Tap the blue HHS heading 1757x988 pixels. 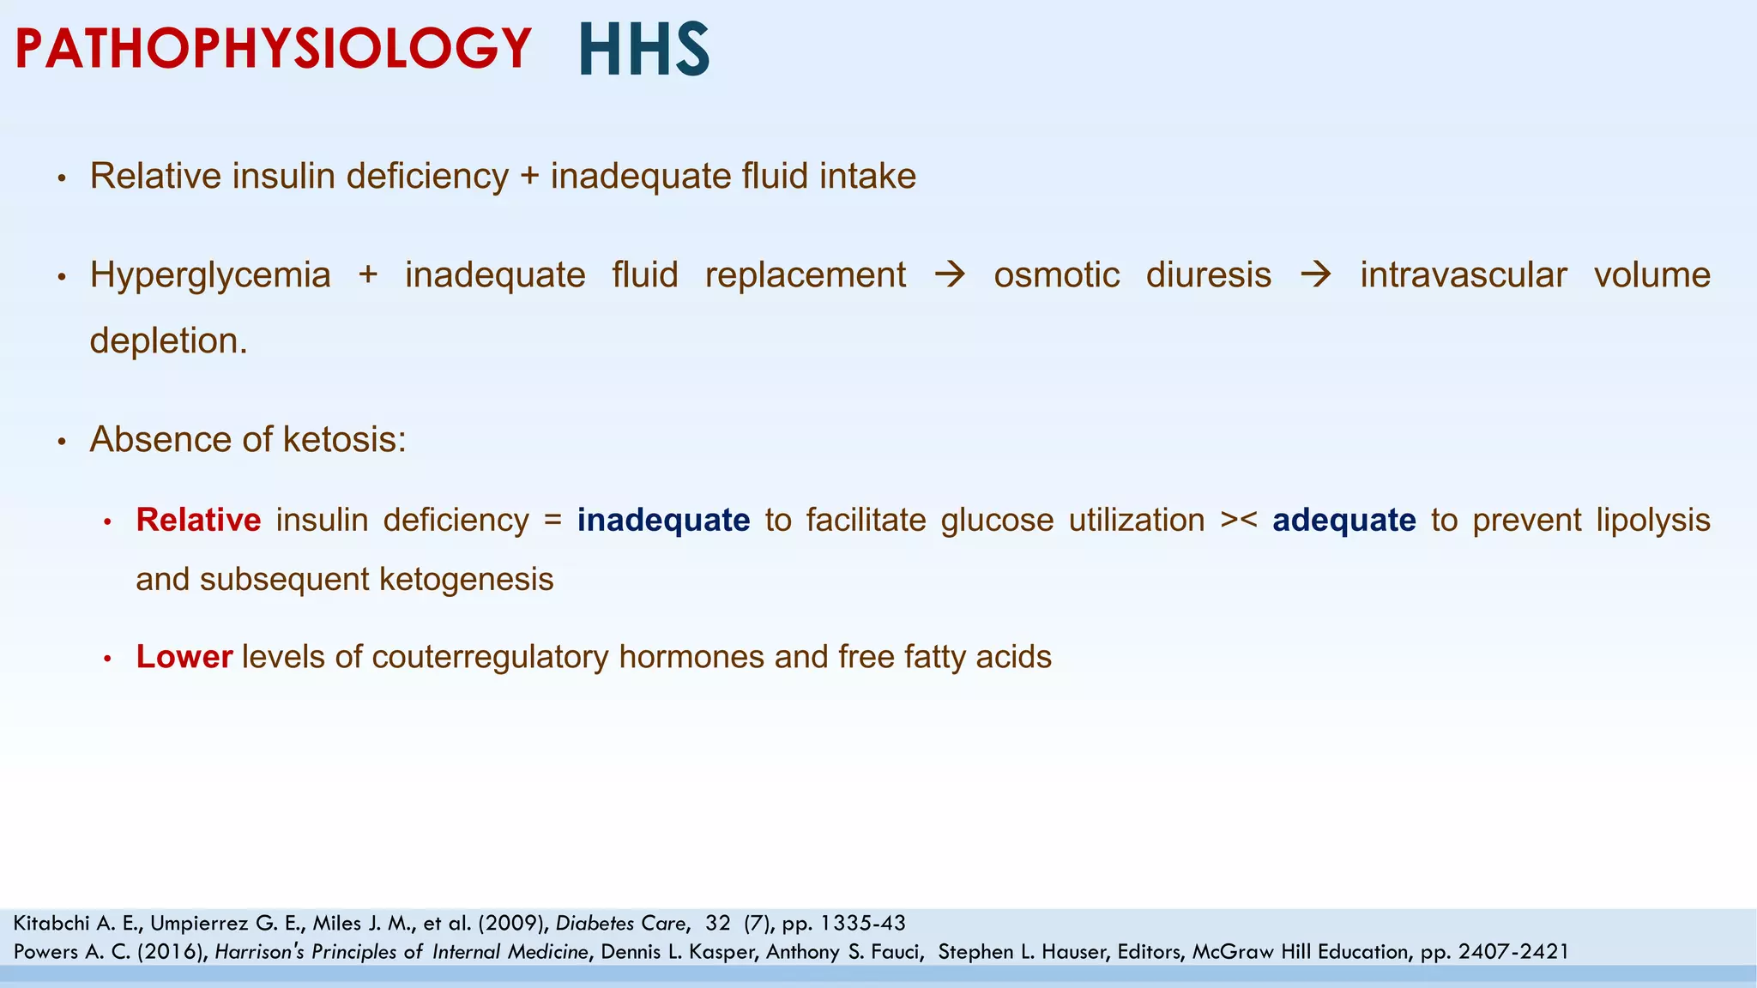point(644,50)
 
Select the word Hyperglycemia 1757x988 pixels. point(210,275)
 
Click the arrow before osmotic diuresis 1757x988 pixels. point(950,275)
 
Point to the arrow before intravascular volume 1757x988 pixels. point(1315,275)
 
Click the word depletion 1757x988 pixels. point(168,340)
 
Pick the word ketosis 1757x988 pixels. point(344,439)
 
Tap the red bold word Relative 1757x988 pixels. point(198,520)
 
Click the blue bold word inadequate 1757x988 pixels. point(663,520)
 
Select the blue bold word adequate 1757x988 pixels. point(1343,520)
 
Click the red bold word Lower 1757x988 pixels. point(184,657)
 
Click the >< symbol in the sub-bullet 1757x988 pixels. point(1239,521)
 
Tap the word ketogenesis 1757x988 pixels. point(466,580)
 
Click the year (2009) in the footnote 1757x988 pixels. point(513,924)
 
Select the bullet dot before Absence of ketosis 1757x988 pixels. point(61,442)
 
